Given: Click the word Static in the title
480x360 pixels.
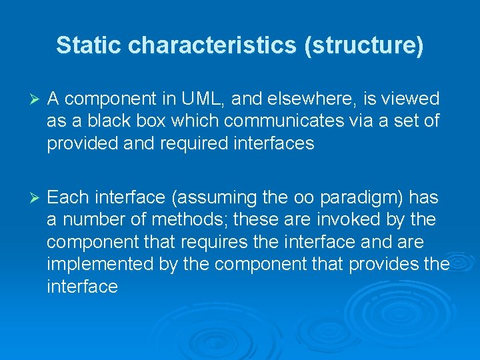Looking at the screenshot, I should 89,45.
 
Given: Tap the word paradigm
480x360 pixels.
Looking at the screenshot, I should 358,198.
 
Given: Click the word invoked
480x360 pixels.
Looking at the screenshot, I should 361,220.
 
